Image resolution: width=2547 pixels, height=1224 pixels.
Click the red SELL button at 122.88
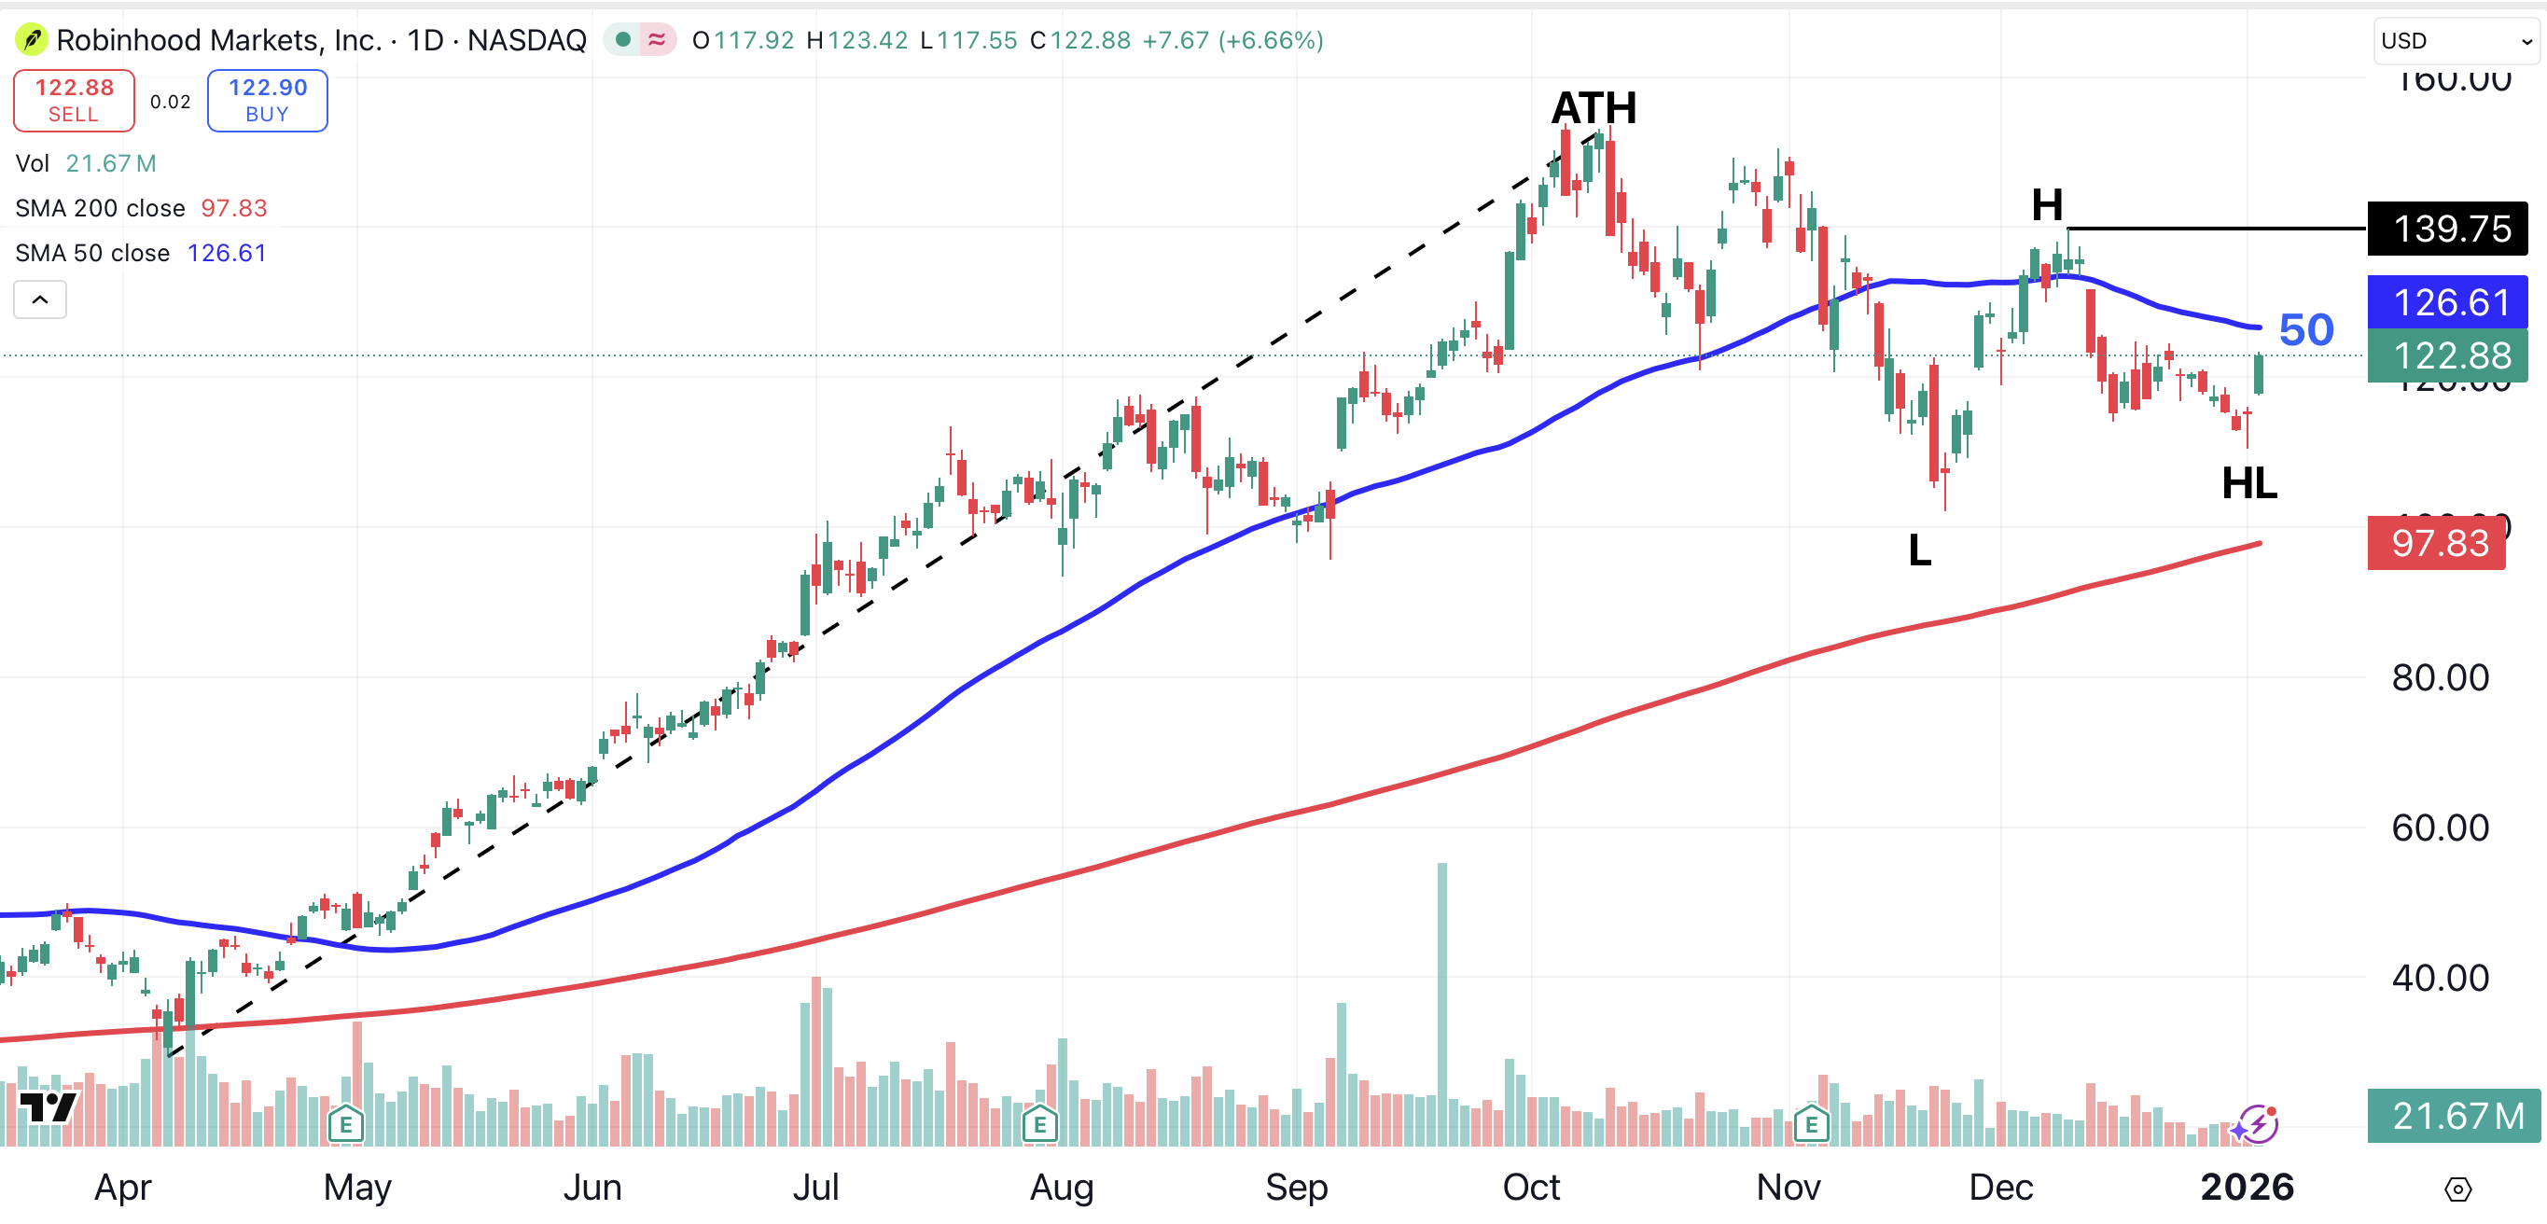click(74, 101)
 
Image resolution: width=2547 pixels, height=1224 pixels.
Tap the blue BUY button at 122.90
click(267, 101)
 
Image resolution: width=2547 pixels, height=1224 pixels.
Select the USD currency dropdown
click(2455, 40)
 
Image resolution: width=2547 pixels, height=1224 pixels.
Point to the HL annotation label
click(2248, 483)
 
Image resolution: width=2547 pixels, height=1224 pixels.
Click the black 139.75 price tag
click(2446, 229)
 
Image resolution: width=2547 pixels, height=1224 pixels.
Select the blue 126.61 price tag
click(2446, 302)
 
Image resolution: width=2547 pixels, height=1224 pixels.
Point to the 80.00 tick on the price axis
click(2439, 678)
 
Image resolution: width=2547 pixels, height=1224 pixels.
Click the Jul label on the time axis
click(815, 1187)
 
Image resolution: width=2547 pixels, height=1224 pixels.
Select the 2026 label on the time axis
click(2247, 1187)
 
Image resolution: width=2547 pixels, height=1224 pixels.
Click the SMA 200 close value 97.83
click(234, 209)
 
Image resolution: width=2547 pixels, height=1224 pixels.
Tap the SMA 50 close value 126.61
click(228, 253)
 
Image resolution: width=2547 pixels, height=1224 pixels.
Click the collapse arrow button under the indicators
click(40, 299)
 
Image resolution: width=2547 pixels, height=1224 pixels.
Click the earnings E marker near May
click(346, 1124)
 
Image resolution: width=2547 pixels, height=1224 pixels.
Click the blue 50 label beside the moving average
click(2305, 330)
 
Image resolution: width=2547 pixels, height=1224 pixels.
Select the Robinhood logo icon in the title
click(32, 40)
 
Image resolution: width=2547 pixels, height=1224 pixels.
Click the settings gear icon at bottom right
click(2457, 1189)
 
